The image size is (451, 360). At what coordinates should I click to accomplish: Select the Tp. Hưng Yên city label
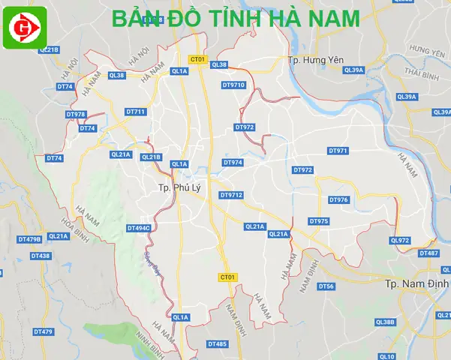(316, 59)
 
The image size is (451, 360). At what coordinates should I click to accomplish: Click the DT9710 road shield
(233, 85)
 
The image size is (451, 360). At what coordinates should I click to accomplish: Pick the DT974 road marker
(233, 162)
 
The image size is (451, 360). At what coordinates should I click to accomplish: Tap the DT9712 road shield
(231, 195)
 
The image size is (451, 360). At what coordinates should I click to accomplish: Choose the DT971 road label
(338, 151)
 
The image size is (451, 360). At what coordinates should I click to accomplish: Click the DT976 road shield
(338, 199)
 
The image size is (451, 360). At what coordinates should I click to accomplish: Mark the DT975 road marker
(319, 221)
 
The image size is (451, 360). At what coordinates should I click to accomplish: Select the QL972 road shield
(400, 240)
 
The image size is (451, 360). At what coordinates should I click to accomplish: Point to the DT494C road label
(139, 227)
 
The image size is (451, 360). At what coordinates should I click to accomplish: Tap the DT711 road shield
(136, 112)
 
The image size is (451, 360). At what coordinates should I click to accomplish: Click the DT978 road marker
(76, 114)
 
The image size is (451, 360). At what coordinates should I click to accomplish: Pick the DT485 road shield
(217, 343)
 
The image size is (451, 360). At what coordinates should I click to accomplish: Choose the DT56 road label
(326, 286)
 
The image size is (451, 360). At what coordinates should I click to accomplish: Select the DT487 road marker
(428, 253)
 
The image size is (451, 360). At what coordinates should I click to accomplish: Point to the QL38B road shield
(384, 322)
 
